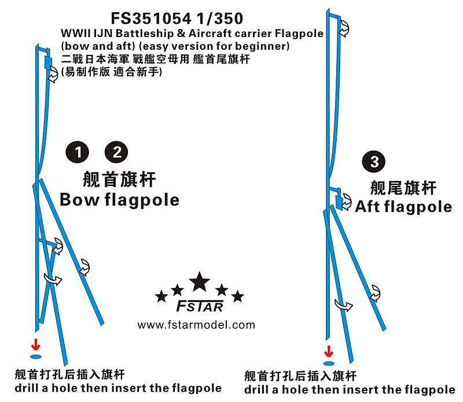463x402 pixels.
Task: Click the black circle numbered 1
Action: [77, 152]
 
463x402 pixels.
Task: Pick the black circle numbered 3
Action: [374, 162]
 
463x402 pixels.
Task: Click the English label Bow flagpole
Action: [120, 200]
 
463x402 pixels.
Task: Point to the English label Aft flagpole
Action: [403, 206]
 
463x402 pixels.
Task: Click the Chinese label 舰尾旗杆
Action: [403, 187]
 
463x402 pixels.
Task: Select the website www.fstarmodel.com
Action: [196, 324]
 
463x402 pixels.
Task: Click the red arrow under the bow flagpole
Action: [36, 344]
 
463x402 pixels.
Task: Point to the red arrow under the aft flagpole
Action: [329, 350]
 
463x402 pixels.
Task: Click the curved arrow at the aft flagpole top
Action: [343, 24]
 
